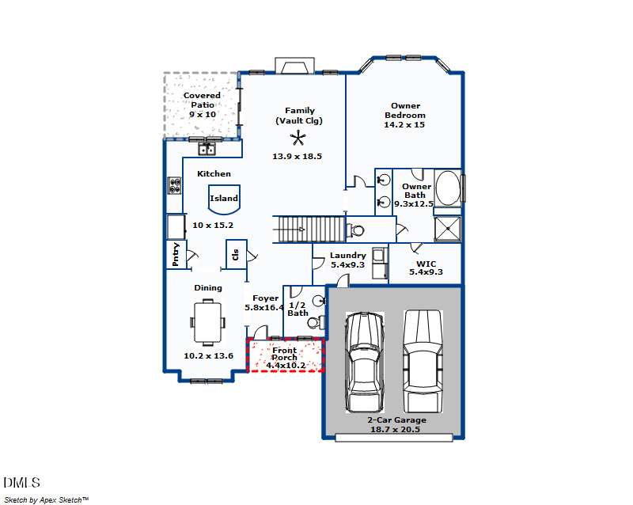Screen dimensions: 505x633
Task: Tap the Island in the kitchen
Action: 224,199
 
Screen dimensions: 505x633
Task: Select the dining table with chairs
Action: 207,322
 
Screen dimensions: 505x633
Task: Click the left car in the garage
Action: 364,361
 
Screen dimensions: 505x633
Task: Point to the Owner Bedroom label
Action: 404,115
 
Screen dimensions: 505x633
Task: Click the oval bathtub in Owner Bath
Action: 448,189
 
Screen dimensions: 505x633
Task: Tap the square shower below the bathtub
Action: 448,229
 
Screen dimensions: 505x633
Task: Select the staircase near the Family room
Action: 309,229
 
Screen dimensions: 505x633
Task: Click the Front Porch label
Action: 285,354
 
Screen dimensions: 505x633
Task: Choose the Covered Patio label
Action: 202,104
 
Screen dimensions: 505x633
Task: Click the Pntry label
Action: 176,255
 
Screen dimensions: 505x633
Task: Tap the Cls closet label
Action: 236,254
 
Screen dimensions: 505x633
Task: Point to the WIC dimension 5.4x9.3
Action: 425,272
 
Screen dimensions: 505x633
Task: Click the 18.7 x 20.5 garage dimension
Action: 394,429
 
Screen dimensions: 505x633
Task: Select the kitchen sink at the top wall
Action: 207,148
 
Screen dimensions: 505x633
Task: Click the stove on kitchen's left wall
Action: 174,185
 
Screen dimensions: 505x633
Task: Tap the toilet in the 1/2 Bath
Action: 316,323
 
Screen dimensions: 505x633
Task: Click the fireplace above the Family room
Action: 297,65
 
